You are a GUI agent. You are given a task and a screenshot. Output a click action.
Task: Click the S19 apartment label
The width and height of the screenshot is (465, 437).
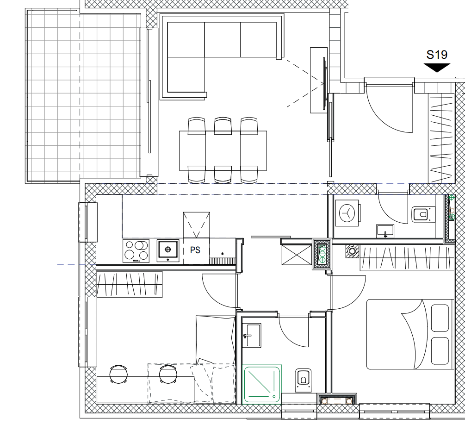[437, 55]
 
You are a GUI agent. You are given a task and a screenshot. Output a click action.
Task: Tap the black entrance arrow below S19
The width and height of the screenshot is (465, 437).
[437, 68]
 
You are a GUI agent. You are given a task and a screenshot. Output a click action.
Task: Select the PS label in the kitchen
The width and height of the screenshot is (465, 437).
[195, 250]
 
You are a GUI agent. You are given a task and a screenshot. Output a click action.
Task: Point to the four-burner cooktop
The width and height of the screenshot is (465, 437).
[136, 251]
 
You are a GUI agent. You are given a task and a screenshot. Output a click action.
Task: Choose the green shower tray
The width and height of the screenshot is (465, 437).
[262, 385]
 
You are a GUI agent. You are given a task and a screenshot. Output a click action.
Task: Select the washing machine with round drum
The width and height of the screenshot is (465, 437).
[347, 213]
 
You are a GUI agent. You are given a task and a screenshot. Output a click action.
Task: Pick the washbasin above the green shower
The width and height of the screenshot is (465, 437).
[252, 335]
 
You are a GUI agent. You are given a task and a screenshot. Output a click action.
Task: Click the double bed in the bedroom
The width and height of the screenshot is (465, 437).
[410, 334]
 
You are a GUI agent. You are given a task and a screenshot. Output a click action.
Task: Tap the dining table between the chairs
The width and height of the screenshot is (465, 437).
[223, 150]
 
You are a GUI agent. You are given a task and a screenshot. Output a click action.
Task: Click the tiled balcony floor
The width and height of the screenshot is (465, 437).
[83, 96]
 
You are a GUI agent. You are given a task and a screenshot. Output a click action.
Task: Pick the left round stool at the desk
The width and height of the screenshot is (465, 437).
[118, 374]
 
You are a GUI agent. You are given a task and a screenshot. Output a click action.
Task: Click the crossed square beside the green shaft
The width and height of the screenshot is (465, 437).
[297, 255]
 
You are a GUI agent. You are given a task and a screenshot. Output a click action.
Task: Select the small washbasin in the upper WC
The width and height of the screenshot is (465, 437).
[385, 231]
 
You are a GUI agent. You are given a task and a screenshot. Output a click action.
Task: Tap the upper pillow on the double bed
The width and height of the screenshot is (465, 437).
[440, 318]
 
